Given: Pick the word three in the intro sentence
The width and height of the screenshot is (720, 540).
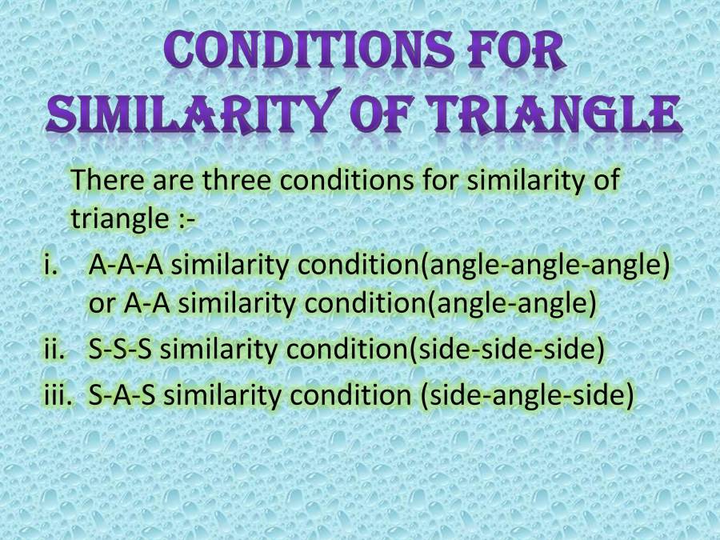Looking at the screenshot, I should (x=237, y=180).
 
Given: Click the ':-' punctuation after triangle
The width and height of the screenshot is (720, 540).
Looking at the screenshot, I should (x=183, y=218).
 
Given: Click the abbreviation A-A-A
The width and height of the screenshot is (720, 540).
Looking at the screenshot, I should (x=126, y=266).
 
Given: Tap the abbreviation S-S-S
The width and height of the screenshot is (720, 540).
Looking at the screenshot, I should (x=125, y=350).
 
